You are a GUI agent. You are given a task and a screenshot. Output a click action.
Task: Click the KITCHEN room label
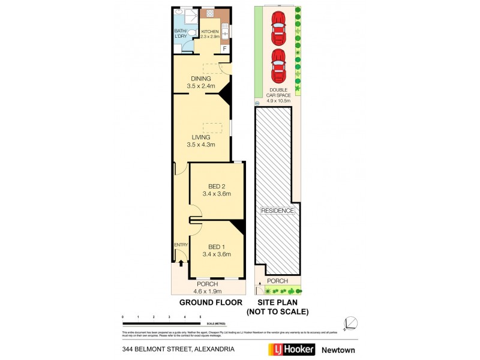[210, 31]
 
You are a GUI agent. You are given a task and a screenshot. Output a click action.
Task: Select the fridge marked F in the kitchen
[224, 49]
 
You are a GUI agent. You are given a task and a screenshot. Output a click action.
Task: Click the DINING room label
[201, 79]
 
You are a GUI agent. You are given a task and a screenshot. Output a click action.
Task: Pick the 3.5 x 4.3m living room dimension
[201, 145]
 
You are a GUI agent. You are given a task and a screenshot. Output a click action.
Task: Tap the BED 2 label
[217, 186]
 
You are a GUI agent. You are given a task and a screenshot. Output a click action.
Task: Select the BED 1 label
[217, 247]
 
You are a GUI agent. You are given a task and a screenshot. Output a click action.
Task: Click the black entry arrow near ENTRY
[181, 262]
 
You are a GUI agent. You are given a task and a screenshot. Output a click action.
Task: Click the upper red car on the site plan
[278, 28]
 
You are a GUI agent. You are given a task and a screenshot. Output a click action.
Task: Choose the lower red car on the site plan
[278, 67]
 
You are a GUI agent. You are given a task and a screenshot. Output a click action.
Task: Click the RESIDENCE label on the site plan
[277, 211]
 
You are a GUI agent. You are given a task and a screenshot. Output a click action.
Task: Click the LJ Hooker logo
[290, 349]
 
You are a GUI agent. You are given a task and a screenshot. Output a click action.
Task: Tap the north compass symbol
[351, 323]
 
